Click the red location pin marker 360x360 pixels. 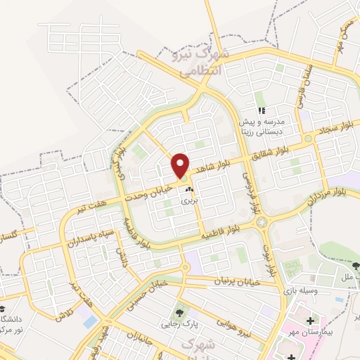tap(181, 165)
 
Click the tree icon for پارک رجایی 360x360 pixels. tap(179, 311)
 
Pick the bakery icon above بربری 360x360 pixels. tap(188, 190)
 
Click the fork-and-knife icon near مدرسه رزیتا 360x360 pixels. tap(261, 110)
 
